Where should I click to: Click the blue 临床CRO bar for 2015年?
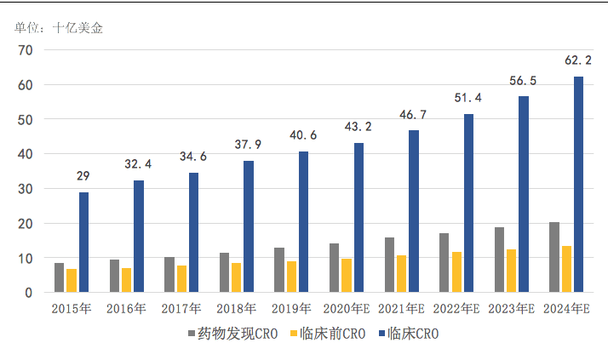coord(83,243)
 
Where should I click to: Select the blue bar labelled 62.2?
coord(579,185)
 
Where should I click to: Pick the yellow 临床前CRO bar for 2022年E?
coord(456,272)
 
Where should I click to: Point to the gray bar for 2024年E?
coord(554,257)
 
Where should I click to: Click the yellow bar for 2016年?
coord(126,280)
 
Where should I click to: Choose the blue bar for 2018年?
coord(249,226)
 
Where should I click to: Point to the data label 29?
coord(83,176)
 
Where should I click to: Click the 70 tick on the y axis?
coord(25,51)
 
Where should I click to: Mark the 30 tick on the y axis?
coord(25,189)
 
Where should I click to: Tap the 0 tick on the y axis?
coord(28,293)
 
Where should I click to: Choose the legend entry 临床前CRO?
coord(333,334)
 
